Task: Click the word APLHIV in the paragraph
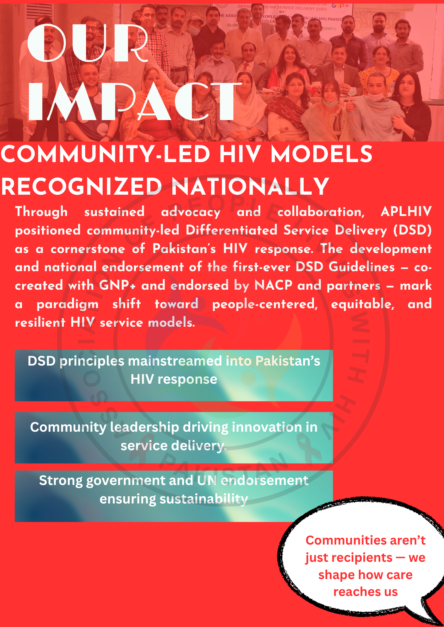coord(406,212)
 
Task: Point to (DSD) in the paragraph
coord(413,230)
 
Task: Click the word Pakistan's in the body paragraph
coord(184,249)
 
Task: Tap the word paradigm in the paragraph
coord(68,304)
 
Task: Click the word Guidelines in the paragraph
coord(362,267)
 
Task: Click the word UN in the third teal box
coord(207,481)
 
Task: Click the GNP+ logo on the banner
coord(340,6)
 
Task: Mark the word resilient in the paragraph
coord(40,323)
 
